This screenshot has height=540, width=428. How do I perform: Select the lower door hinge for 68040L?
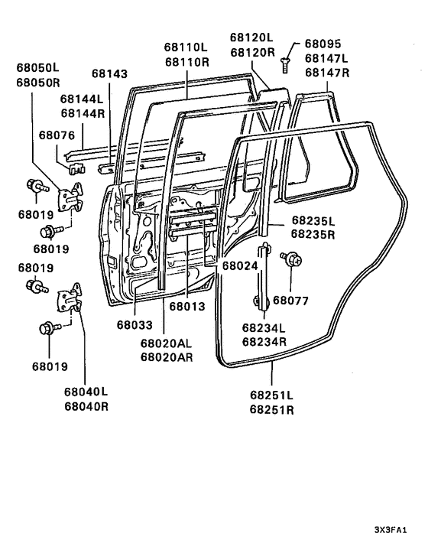[71, 297]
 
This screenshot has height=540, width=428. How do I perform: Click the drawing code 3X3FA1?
[397, 529]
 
